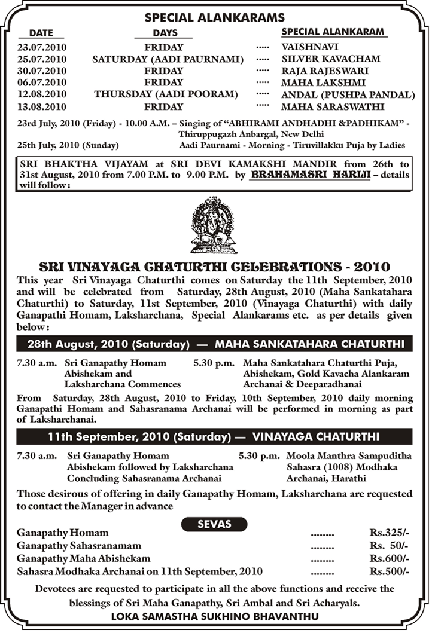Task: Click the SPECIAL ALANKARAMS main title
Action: point(215,17)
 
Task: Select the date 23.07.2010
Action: point(41,45)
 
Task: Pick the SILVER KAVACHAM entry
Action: point(330,59)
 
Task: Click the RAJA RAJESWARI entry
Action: point(325,71)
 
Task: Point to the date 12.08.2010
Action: point(41,94)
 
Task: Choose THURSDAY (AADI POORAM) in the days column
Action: point(166,94)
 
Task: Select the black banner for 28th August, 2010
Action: point(215,344)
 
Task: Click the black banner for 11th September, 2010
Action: point(215,436)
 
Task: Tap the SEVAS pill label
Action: point(214,524)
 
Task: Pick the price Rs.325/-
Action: point(390,532)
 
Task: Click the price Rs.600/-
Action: point(390,558)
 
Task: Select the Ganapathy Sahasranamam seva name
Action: point(79,545)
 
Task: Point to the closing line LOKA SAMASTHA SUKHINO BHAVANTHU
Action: point(215,616)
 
